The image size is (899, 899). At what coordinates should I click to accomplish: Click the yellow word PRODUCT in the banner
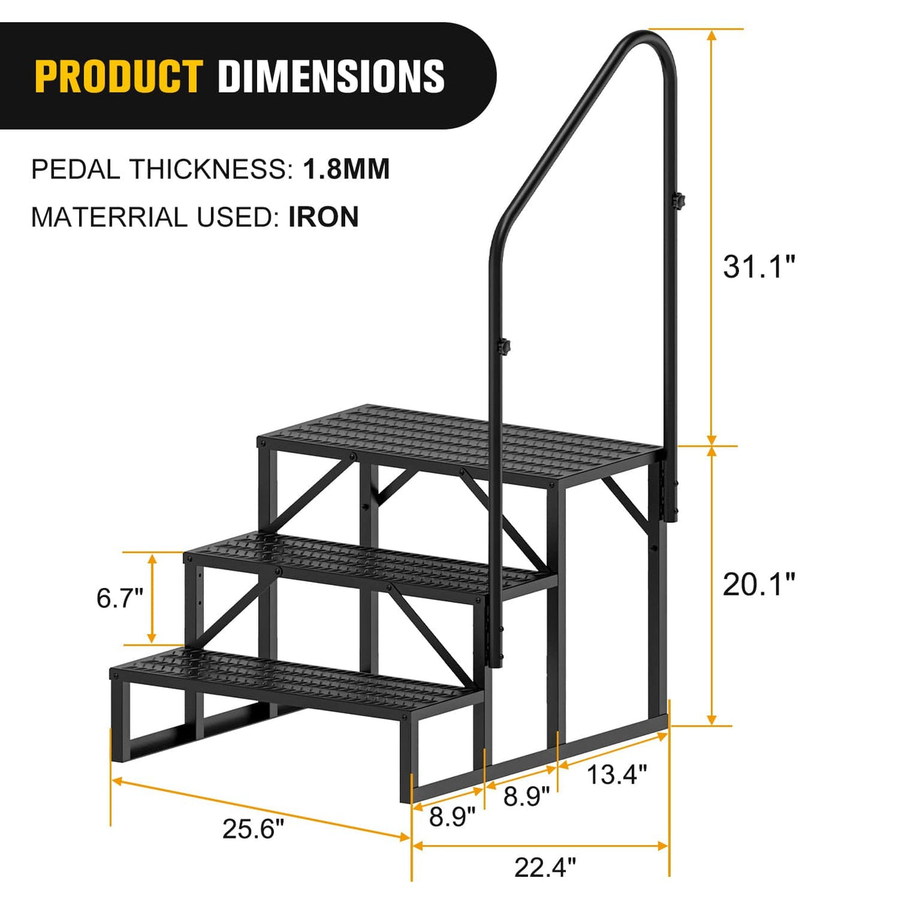click(x=118, y=76)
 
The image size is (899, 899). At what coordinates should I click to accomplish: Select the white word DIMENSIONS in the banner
click(x=331, y=76)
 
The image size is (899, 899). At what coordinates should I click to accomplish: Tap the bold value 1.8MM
click(x=346, y=170)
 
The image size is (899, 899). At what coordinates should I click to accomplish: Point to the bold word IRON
click(x=323, y=217)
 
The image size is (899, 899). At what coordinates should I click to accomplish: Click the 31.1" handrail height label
click(x=758, y=267)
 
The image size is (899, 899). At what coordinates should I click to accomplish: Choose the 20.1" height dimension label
click(x=758, y=585)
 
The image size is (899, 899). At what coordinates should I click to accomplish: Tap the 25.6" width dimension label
click(x=253, y=829)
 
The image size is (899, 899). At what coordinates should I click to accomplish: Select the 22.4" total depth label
click(x=545, y=866)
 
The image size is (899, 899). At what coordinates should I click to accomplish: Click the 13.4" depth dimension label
click(x=617, y=775)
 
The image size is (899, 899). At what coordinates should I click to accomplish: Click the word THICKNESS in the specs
click(x=211, y=170)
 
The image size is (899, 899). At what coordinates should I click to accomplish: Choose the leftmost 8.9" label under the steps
click(x=452, y=818)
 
